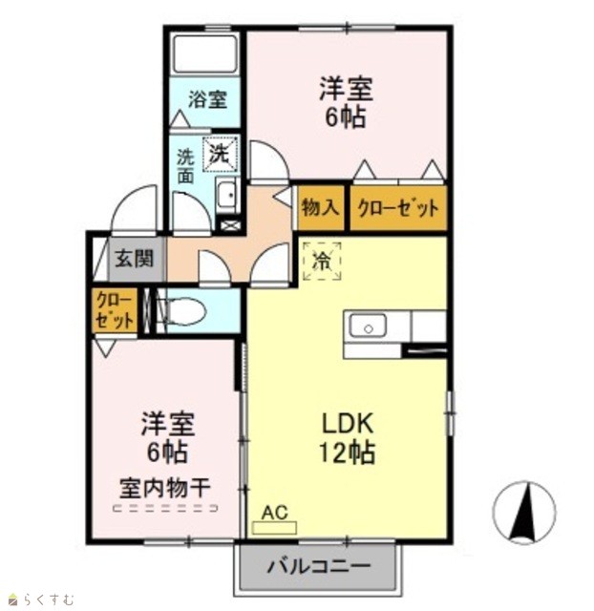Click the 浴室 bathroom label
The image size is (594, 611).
(207, 99)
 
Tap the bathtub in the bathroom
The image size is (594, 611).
(205, 53)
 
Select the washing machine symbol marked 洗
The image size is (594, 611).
(221, 155)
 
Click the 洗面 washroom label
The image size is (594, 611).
(185, 166)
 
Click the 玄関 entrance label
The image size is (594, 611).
(135, 259)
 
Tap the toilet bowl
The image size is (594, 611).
(182, 311)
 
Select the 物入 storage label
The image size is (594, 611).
(321, 207)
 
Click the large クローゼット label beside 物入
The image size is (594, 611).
(397, 208)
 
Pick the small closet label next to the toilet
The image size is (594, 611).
(115, 310)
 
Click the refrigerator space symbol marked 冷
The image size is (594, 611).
(323, 261)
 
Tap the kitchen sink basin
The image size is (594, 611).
(367, 327)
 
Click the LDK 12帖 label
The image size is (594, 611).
(348, 438)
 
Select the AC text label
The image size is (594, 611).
(274, 513)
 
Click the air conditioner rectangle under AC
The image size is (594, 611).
(274, 528)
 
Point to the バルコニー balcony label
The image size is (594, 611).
(318, 566)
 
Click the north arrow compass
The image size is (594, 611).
(524, 513)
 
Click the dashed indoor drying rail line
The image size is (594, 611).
(165, 508)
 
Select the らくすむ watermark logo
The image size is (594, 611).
(42, 599)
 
